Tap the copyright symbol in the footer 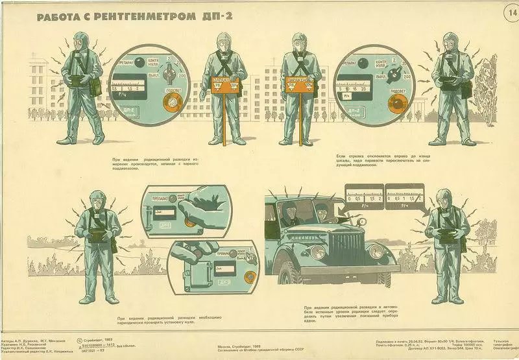[79, 339]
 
